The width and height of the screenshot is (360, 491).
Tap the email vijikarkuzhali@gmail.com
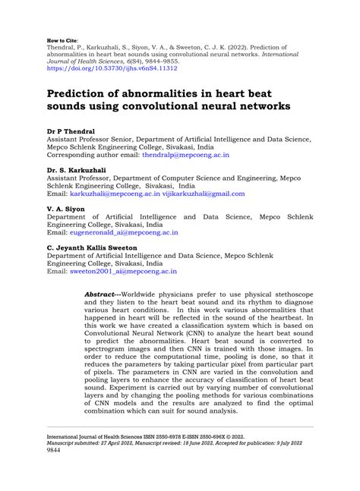coord(203,194)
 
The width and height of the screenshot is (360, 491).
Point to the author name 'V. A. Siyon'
coord(66,208)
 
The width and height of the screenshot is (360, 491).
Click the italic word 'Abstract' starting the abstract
coord(125,293)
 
